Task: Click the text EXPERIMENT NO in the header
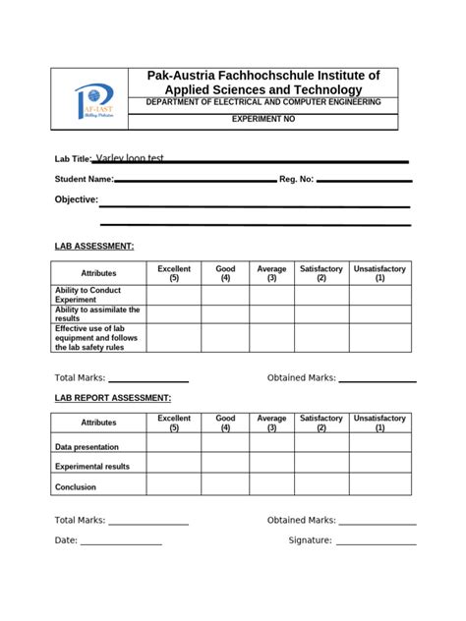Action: pos(262,119)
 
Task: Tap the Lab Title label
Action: pos(73,159)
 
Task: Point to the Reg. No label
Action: pos(297,180)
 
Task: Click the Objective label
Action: pos(76,199)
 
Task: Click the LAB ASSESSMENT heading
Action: pos(93,246)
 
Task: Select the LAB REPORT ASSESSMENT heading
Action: pos(112,397)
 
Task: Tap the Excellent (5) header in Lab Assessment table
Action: pos(174,273)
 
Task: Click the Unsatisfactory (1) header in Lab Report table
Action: pos(379,423)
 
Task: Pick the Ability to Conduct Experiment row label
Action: pos(87,295)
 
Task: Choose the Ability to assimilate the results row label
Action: pos(97,313)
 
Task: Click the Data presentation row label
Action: pos(87,447)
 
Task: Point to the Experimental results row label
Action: pos(92,467)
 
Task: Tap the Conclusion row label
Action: pos(76,486)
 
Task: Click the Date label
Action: pos(65,540)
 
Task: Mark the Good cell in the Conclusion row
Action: pos(225,486)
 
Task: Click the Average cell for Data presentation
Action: pos(272,444)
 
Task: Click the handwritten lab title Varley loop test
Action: pos(130,157)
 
